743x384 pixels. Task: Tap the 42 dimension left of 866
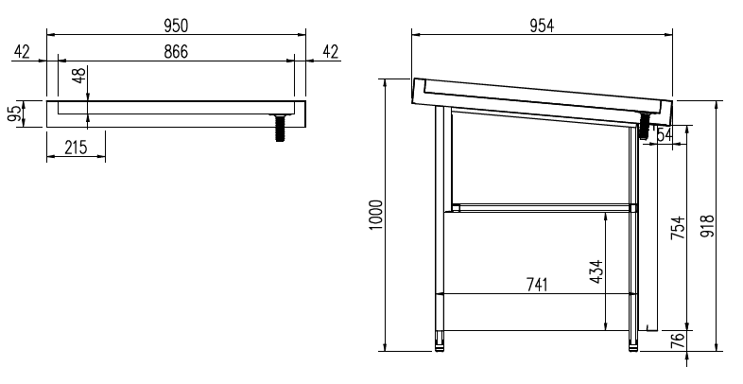[x=23, y=51]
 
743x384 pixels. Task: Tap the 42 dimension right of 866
[x=330, y=51]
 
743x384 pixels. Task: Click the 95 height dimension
[x=14, y=113]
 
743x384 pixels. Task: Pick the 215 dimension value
[x=75, y=148]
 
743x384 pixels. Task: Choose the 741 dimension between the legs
[x=535, y=284]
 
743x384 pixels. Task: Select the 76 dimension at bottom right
[x=677, y=341]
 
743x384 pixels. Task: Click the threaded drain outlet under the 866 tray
[x=281, y=126]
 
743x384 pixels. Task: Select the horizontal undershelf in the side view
[x=541, y=206]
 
